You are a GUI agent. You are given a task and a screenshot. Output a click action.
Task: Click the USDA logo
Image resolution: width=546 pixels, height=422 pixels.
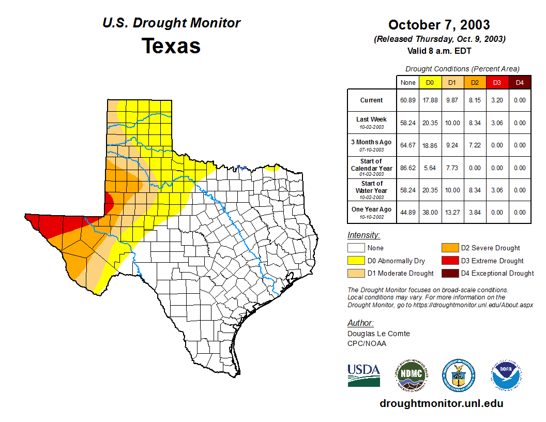coord(363,375)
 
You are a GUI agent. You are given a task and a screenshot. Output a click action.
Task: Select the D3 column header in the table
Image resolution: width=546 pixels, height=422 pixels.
coord(497,82)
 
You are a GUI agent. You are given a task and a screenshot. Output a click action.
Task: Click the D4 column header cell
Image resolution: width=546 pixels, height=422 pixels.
coord(520,82)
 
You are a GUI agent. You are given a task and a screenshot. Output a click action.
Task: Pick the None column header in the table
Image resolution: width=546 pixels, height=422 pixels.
coord(408,82)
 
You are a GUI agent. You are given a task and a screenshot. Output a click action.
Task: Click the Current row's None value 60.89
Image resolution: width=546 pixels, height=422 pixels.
coord(408,100)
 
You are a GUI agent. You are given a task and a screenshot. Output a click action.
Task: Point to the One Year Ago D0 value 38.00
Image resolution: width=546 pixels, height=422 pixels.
coord(430,212)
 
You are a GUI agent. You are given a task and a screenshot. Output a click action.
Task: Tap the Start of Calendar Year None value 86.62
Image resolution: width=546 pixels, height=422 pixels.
coord(408,168)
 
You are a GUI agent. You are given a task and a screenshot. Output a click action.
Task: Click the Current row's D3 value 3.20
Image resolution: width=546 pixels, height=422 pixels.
coord(497,100)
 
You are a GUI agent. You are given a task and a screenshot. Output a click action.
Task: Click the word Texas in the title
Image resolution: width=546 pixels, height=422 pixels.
coord(171,46)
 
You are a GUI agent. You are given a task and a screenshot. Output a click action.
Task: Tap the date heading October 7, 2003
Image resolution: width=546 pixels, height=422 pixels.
coord(439,25)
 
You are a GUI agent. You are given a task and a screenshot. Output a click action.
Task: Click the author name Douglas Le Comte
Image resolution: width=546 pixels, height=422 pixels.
coord(378,334)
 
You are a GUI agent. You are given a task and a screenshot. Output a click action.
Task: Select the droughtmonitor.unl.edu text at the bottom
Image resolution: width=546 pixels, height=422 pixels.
coord(441,403)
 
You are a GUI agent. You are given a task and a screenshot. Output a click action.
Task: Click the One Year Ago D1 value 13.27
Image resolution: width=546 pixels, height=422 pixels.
coord(452,212)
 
